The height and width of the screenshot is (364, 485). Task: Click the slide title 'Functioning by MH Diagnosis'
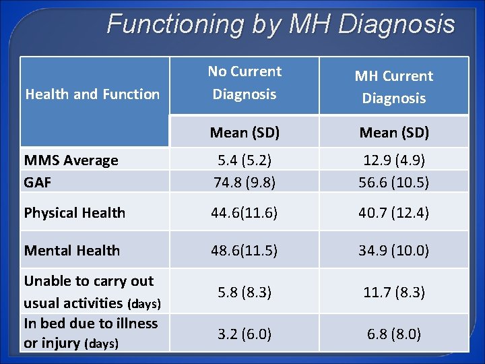[x=281, y=25]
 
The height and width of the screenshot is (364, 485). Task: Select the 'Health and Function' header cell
[x=92, y=94]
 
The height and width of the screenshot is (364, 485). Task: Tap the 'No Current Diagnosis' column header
[x=245, y=83]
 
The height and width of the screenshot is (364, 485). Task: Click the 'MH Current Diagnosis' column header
[x=394, y=87]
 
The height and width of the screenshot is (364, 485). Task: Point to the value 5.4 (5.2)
[x=245, y=160]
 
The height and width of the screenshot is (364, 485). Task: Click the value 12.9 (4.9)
[x=394, y=160]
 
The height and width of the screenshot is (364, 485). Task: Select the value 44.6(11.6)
[x=245, y=212]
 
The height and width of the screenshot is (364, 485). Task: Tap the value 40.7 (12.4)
[x=394, y=212]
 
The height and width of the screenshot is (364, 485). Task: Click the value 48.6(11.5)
[x=245, y=250]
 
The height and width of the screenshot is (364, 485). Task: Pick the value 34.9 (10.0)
[x=394, y=250]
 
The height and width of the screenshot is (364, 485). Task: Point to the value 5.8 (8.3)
[x=245, y=292]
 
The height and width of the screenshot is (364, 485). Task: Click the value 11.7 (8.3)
[x=394, y=292]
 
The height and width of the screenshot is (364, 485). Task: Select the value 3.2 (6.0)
[x=245, y=334]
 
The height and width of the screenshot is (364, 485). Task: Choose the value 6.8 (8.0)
[x=394, y=334]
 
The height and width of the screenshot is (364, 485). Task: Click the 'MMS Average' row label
[x=71, y=160]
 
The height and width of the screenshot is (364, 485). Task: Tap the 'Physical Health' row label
[x=75, y=212]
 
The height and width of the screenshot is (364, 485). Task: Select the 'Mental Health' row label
[x=72, y=250]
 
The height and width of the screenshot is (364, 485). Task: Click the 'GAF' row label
[x=38, y=181]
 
